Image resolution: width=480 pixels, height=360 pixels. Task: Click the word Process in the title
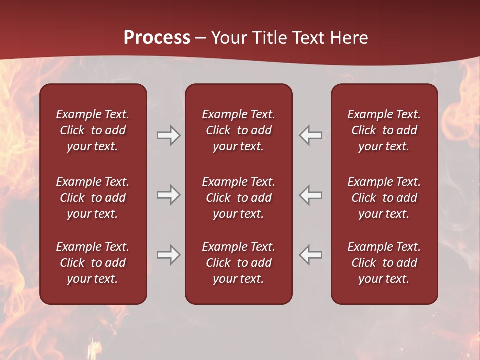pos(157,37)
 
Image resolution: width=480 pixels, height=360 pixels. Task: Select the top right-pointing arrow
pos(168,135)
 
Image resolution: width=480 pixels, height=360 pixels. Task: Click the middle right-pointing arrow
pos(168,195)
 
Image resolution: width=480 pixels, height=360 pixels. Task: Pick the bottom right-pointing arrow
pos(168,255)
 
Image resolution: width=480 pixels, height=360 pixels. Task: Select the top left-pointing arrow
pos(310,135)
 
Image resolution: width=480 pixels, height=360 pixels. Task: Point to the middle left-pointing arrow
pos(310,195)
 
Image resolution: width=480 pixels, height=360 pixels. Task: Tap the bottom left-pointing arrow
pos(310,255)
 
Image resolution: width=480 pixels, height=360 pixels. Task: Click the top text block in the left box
pos(93,130)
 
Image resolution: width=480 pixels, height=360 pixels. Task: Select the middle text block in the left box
pos(93,198)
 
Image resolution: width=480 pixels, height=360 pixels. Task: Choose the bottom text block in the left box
pos(93,263)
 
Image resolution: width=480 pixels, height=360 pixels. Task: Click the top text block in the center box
pos(239,130)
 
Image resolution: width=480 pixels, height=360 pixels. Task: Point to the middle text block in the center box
pos(239,198)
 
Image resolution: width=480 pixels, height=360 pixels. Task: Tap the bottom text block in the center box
pos(239,263)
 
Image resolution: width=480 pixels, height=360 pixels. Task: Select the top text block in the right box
pos(384,130)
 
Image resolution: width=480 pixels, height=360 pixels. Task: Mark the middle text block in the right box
pos(384,198)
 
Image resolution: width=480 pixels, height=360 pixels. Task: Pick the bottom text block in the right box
pos(384,263)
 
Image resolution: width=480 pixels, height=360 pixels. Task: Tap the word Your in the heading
pos(229,38)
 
